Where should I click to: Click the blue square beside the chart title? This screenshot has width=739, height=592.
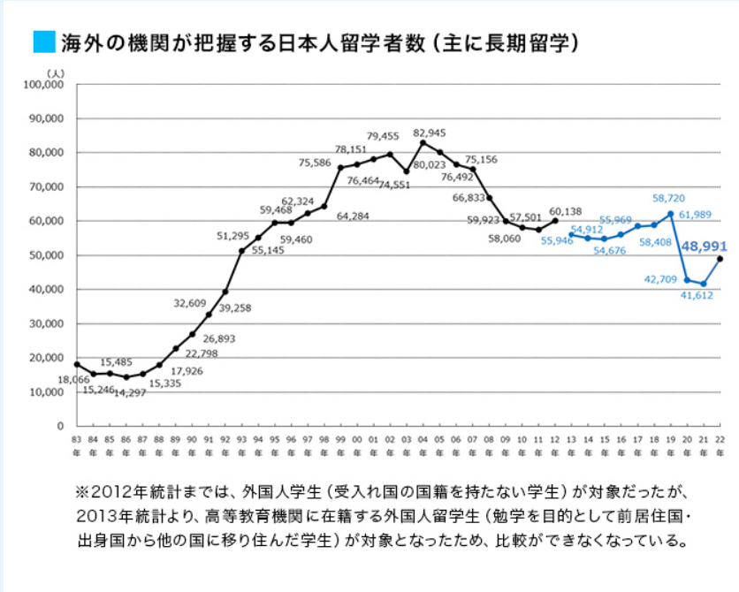point(42,42)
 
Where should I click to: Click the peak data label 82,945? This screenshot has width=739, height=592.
point(431,133)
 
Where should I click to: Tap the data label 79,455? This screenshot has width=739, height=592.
point(383,136)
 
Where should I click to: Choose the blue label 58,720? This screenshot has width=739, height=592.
point(669,199)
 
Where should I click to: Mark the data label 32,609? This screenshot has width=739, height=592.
point(189,303)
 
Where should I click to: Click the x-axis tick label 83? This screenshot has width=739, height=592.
point(76,439)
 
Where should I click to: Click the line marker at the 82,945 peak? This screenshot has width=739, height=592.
point(423,143)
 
